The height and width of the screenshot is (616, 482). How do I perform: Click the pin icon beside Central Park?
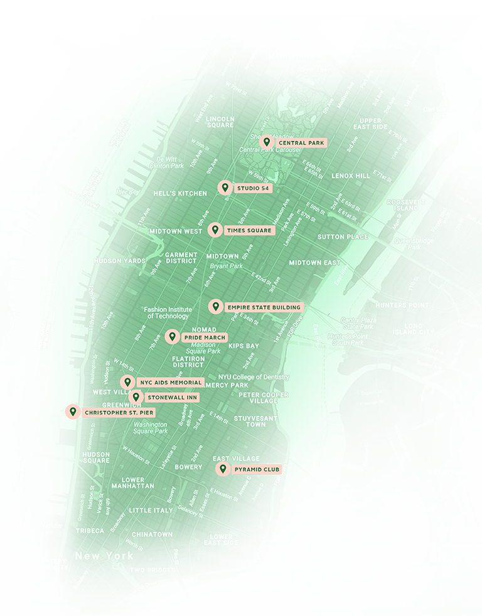pos(267,142)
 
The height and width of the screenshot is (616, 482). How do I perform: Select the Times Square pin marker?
pos(215,230)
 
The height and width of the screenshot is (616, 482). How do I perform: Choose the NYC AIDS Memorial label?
pos(170,382)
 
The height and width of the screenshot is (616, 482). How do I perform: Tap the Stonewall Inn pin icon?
pos(136,397)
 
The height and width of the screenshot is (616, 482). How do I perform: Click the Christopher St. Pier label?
pos(118,412)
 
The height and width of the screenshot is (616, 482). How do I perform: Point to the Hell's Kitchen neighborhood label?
pos(180,193)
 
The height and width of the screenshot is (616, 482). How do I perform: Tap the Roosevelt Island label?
pos(406,205)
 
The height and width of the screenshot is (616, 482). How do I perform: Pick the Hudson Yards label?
pos(119,261)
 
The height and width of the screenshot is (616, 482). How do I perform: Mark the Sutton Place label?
pos(343,236)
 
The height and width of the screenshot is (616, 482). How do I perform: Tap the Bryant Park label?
pos(227,266)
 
